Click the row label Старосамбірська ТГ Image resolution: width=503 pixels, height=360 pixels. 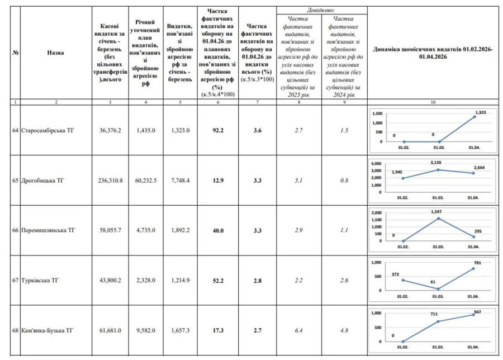[47, 130]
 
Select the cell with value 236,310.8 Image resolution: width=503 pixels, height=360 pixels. [110, 181]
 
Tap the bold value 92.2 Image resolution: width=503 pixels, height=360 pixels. [218, 130]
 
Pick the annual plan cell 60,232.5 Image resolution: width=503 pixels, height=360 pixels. [146, 181]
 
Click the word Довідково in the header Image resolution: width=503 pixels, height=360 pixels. [321, 11]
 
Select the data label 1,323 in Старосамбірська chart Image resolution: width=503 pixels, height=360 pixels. [480, 112]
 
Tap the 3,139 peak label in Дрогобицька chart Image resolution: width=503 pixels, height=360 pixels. [438, 162]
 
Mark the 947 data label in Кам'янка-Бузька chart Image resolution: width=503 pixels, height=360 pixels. [477, 311]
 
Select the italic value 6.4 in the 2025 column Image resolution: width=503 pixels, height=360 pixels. [299, 331]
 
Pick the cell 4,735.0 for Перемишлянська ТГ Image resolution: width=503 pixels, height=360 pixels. [146, 230]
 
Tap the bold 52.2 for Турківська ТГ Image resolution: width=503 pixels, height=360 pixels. [218, 281]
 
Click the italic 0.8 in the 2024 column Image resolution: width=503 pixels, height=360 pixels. [344, 181]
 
